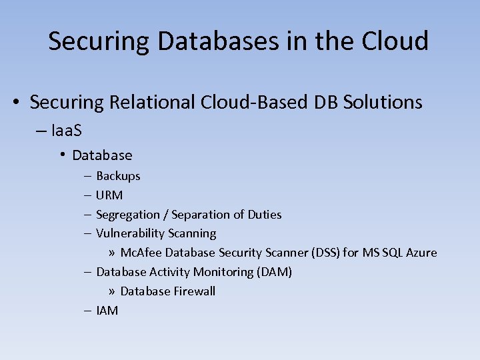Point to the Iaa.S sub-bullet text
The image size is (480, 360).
click(66, 129)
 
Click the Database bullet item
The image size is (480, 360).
click(102, 155)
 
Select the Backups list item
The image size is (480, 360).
click(118, 176)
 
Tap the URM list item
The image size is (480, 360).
click(109, 195)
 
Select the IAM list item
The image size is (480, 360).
click(107, 310)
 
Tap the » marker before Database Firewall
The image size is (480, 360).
click(112, 291)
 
